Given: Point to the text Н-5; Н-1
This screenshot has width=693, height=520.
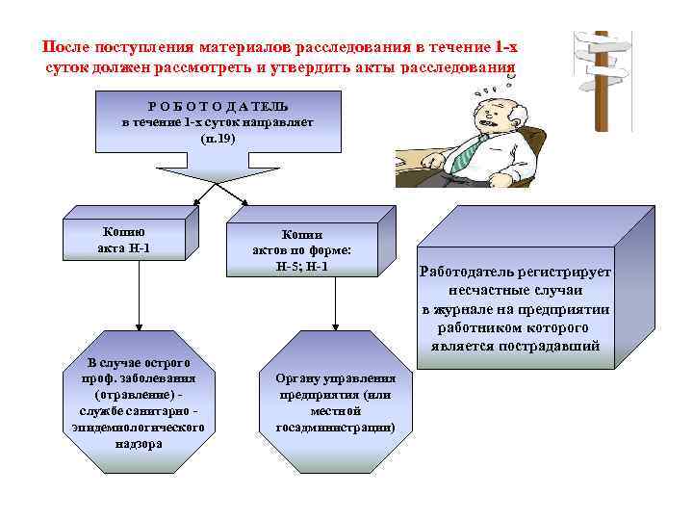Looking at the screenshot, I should click(301, 265).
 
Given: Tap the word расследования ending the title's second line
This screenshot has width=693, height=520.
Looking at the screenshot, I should click(456, 68).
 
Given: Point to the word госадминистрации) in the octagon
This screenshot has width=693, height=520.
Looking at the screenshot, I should click(335, 428).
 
